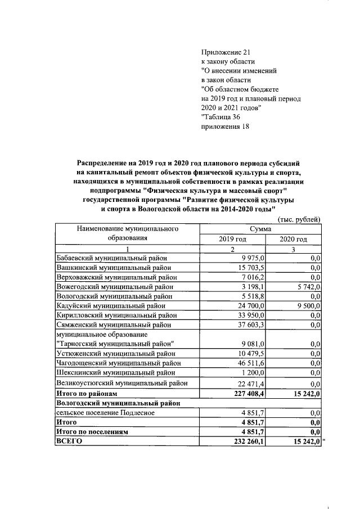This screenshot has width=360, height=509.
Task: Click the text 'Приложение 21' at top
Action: point(225,52)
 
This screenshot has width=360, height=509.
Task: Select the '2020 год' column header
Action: point(293,239)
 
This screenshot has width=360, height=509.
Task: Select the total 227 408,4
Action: point(240,394)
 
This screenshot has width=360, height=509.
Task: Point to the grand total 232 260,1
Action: point(240,442)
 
